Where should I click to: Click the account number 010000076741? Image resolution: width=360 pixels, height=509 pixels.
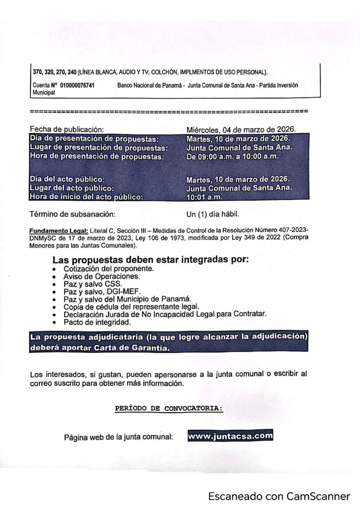pyautogui.click(x=77, y=85)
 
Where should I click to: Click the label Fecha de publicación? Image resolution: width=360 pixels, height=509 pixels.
pyautogui.click(x=66, y=129)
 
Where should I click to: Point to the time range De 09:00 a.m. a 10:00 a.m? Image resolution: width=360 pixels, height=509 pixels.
pyautogui.click(x=232, y=157)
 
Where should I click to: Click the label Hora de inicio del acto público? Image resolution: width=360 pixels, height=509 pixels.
pyautogui.click(x=87, y=197)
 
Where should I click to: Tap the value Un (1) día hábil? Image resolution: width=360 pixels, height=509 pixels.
pyautogui.click(x=212, y=215)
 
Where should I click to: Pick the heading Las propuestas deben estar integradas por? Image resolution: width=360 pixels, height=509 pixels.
pyautogui.click(x=150, y=260)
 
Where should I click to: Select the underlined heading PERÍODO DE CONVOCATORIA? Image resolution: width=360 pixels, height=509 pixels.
pyautogui.click(x=169, y=408)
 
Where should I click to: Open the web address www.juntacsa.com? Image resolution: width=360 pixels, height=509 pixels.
pyautogui.click(x=230, y=436)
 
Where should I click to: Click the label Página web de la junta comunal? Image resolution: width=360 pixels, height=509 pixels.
pyautogui.click(x=118, y=437)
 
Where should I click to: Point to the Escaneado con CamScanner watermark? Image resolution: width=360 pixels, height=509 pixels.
pyautogui.click(x=279, y=496)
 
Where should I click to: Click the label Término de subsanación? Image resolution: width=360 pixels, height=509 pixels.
pyautogui.click(x=73, y=215)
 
